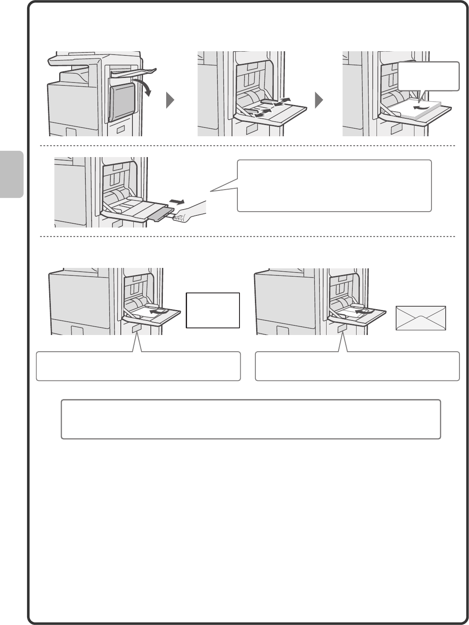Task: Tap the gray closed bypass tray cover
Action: click(122, 101)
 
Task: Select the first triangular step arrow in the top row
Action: click(170, 100)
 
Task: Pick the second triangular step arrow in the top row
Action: click(318, 100)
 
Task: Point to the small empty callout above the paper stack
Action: click(429, 76)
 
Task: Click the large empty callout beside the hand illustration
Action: click(334, 186)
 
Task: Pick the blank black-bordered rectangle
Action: click(213, 310)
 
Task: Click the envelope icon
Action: click(421, 318)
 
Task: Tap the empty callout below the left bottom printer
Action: click(138, 366)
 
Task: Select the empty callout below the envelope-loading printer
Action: click(357, 366)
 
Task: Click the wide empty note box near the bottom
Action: click(251, 419)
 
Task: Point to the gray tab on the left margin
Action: click(12, 174)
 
